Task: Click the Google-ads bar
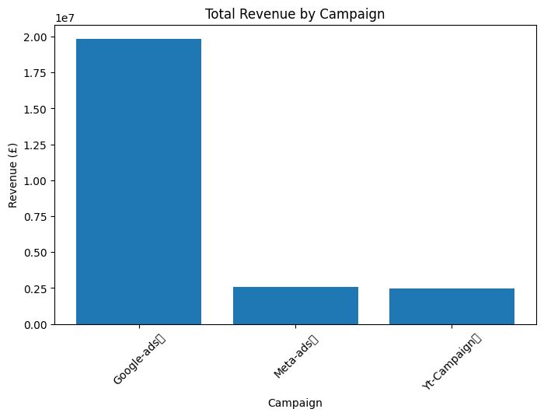tap(138, 181)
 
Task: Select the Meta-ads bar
tap(295, 306)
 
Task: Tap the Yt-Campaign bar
tap(452, 306)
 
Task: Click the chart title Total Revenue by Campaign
tap(295, 11)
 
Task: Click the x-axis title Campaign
tap(295, 403)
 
